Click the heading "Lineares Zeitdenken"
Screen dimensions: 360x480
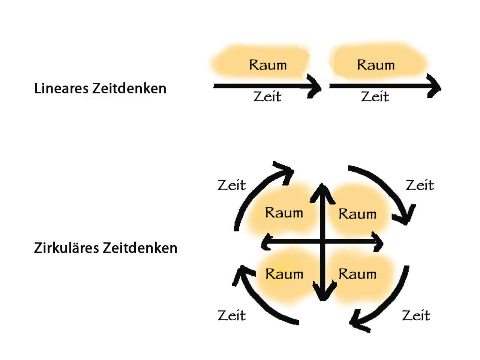(x=100, y=88)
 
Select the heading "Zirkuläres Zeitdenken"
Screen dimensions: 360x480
(x=105, y=248)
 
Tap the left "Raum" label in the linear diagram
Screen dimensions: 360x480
(x=268, y=65)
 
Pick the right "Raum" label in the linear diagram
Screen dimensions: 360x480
(x=376, y=65)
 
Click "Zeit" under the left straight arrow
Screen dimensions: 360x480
(x=267, y=97)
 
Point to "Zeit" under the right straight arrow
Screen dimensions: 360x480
(x=375, y=97)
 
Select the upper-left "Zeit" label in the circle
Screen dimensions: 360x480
(x=232, y=185)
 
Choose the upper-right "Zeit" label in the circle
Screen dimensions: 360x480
(x=420, y=185)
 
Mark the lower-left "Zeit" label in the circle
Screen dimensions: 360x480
(x=232, y=315)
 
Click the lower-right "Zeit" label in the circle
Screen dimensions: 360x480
(x=416, y=315)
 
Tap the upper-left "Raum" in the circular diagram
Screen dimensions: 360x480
(x=284, y=213)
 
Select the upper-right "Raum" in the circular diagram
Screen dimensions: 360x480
(x=357, y=214)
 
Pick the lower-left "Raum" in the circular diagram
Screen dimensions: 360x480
(x=284, y=274)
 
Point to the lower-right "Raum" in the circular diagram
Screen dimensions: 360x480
(x=357, y=274)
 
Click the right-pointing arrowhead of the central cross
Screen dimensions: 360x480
(x=378, y=242)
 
